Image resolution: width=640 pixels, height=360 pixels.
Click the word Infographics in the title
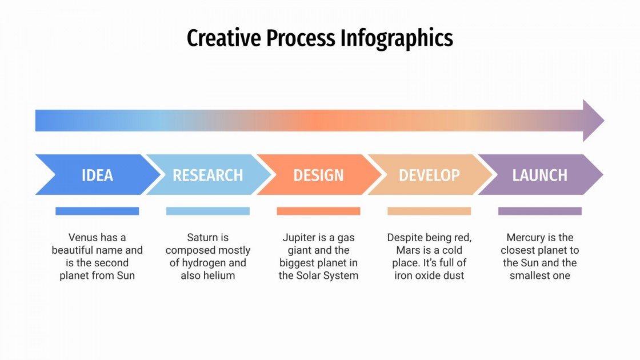tap(397, 38)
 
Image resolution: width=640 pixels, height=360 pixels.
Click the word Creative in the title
tap(219, 38)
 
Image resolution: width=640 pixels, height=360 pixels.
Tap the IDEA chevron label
tap(97, 175)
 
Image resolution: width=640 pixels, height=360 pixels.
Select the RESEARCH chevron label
tap(207, 175)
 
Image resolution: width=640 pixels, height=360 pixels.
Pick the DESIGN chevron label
tap(318, 175)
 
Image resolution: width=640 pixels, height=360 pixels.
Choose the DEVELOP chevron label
tap(429, 175)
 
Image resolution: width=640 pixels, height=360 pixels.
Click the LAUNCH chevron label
tap(539, 175)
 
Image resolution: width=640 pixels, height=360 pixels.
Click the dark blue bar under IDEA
tap(97, 211)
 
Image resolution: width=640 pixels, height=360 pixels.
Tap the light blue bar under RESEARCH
tap(207, 211)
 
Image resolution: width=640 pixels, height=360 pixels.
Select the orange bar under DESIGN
tap(318, 211)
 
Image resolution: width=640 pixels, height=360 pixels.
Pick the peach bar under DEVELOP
tap(429, 211)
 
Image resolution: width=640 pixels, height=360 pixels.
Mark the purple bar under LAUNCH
tap(539, 211)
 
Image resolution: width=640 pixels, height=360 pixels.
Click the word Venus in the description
tap(82, 237)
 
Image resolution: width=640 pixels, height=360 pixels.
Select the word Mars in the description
tap(409, 250)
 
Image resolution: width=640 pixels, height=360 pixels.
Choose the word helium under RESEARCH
tap(218, 275)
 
